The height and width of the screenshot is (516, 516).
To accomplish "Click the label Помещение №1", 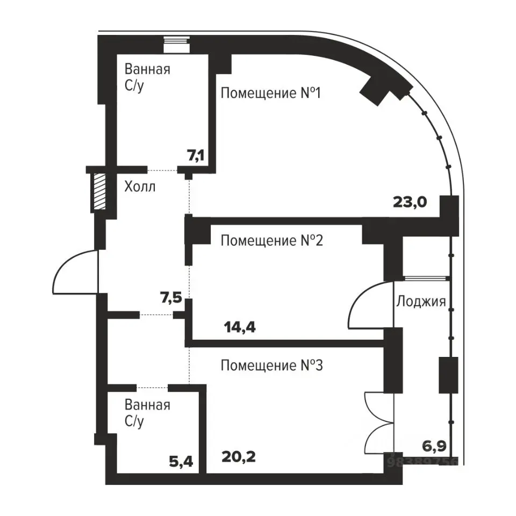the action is pyautogui.click(x=270, y=93).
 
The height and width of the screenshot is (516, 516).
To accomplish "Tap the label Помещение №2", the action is pyautogui.click(x=272, y=241).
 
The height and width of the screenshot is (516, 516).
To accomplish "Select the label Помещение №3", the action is pyautogui.click(x=272, y=365).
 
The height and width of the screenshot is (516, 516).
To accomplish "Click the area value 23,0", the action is pyautogui.click(x=410, y=202).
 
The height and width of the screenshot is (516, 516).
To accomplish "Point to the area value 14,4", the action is pyautogui.click(x=240, y=327).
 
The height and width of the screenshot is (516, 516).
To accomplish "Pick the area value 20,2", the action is pyautogui.click(x=239, y=457).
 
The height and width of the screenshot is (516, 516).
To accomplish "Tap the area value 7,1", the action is pyautogui.click(x=196, y=155).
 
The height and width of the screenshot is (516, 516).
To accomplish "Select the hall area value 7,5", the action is pyautogui.click(x=171, y=298).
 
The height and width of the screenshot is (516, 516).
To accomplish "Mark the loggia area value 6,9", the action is pyautogui.click(x=434, y=447).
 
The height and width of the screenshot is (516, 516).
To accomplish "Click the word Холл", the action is pyautogui.click(x=140, y=187).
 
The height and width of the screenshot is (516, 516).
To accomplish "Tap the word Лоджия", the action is pyautogui.click(x=421, y=302).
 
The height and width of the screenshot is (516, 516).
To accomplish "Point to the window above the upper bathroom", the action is pyautogui.click(x=177, y=45).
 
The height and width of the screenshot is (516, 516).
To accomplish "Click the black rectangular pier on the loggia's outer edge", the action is pyautogui.click(x=448, y=375).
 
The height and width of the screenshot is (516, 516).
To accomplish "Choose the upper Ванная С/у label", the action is pyautogui.click(x=147, y=77).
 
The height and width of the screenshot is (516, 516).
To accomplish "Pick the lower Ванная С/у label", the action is pyautogui.click(x=147, y=413).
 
